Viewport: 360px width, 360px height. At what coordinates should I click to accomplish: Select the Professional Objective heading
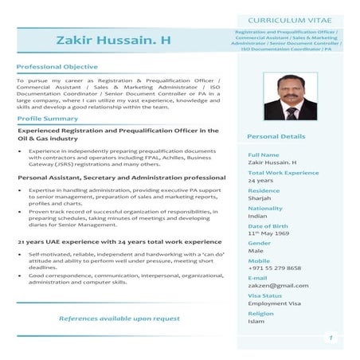(x=57, y=67)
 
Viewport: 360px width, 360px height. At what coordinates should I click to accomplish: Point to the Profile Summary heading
(x=48, y=119)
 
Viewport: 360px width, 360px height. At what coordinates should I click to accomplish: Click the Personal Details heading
(x=276, y=137)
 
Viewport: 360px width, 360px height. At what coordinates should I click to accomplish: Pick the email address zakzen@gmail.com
(x=278, y=285)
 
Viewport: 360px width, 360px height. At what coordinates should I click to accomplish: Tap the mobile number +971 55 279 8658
(x=275, y=268)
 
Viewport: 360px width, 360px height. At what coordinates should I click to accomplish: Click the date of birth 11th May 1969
(x=268, y=233)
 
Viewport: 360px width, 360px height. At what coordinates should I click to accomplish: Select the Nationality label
(x=265, y=208)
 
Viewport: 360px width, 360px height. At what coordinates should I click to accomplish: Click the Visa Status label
(x=265, y=295)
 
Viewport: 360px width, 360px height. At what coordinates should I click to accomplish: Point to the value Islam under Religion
(x=256, y=321)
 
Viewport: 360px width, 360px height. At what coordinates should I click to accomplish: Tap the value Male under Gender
(x=256, y=251)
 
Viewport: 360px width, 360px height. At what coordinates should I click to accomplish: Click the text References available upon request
(x=119, y=319)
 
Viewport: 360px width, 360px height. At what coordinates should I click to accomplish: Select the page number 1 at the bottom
(x=330, y=338)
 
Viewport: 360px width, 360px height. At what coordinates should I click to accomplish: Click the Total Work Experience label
(x=284, y=173)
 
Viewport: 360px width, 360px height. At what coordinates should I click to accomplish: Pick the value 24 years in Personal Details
(x=260, y=181)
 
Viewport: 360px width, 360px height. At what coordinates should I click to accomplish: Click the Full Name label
(x=264, y=155)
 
